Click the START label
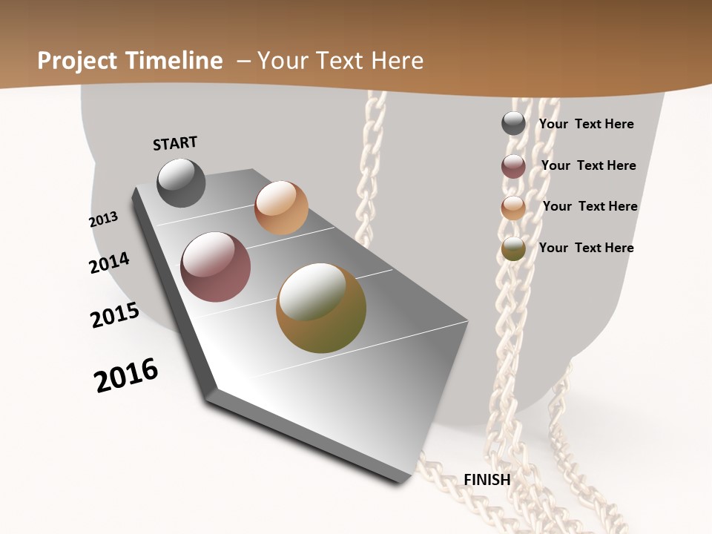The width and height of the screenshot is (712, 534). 175,143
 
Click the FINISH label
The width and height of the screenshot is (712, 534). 487,480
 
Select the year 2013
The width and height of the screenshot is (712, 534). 104,220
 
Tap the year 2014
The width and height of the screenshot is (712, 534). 109,263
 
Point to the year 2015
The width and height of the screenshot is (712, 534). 115,315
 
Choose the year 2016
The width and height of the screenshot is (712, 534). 126,375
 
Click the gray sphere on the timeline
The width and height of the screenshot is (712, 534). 181,182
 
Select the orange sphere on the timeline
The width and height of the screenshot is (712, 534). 281,208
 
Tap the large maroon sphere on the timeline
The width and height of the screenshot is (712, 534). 216,267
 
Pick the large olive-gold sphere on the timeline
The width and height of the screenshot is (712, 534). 321,308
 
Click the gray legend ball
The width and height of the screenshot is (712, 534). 513,123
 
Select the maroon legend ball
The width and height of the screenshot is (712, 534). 513,166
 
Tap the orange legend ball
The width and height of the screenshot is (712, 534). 513,208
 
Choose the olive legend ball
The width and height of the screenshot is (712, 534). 513,248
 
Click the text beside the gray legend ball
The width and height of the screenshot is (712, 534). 586,124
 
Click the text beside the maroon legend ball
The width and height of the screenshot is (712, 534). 588,165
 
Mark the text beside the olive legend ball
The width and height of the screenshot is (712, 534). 586,248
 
